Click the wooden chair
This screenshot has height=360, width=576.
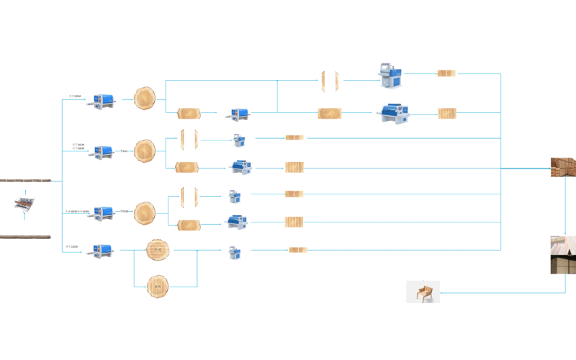click(423, 292)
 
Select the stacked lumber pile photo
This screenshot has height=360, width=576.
click(564, 167)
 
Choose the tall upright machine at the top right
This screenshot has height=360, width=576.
click(391, 76)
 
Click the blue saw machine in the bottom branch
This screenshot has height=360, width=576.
click(102, 251)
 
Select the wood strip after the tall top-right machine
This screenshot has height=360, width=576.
click(446, 73)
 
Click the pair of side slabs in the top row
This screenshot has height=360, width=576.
click(329, 81)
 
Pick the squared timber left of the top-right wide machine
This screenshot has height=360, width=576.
click(330, 113)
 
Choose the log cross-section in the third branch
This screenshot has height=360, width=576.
click(145, 212)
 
